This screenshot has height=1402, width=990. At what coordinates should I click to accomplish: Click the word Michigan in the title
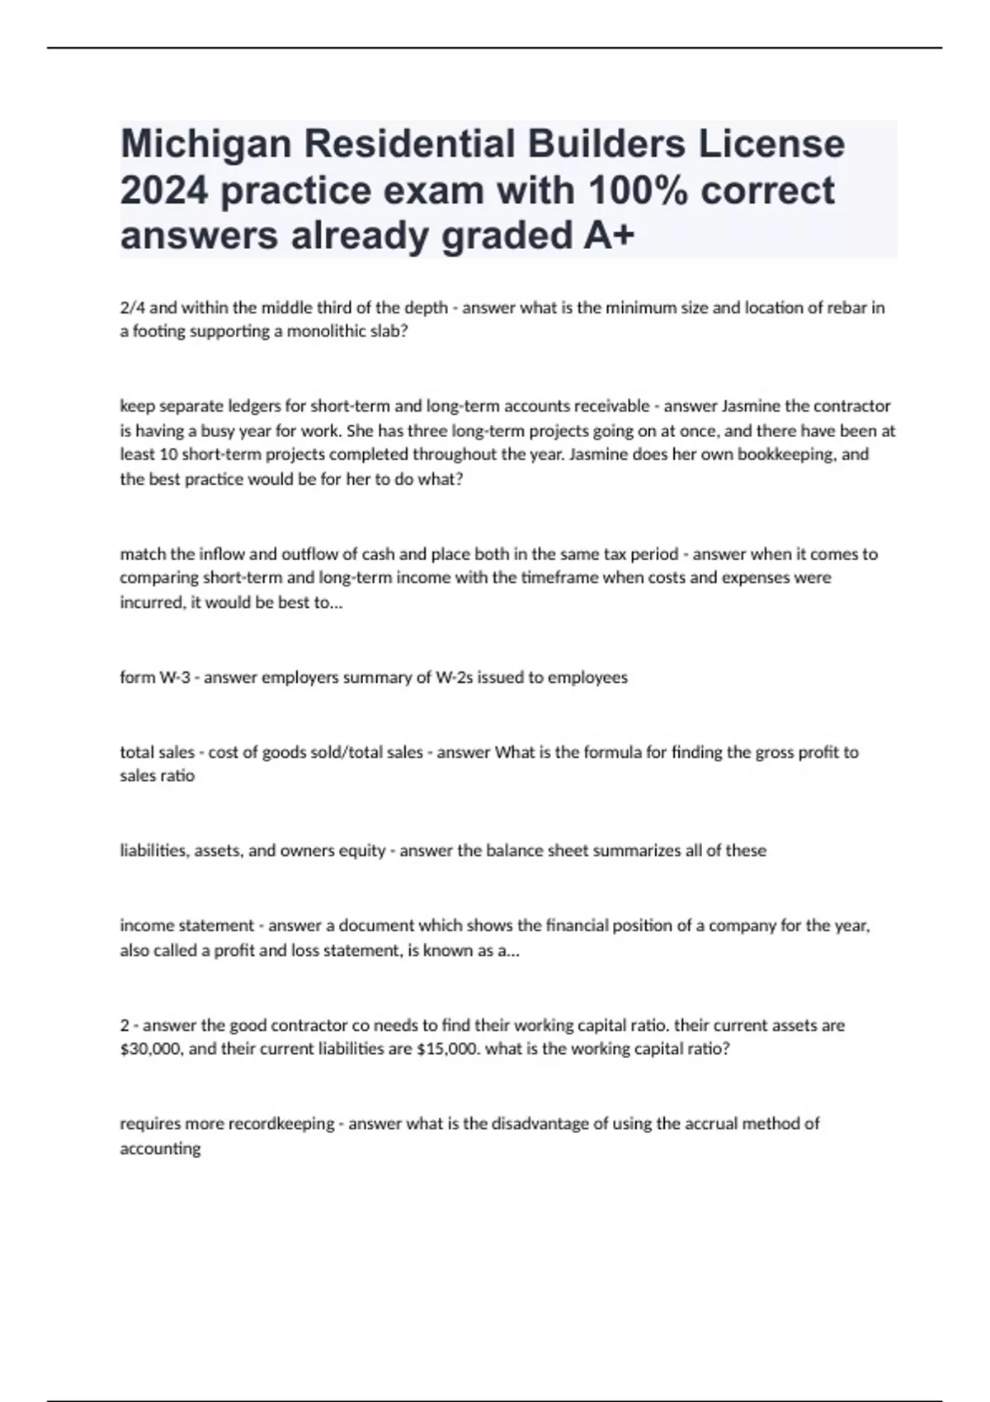206,143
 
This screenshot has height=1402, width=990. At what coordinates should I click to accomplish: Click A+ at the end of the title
610,236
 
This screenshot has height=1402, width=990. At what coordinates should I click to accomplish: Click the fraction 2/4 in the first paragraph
133,308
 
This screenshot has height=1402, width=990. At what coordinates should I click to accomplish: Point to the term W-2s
456,678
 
